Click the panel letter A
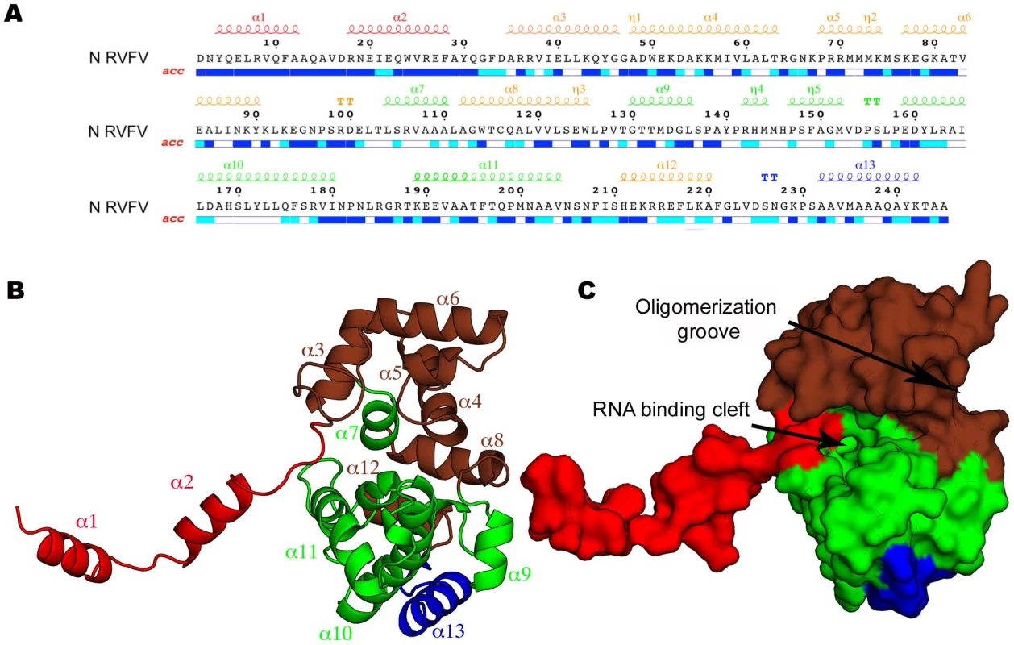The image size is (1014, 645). tap(13, 14)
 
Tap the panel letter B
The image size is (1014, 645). tap(15, 290)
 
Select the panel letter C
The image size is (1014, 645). tap(587, 290)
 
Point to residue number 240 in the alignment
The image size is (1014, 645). tap(887, 191)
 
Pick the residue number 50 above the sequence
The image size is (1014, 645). tap(647, 43)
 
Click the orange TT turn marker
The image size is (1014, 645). tap(345, 102)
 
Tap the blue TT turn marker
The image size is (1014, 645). tap(769, 177)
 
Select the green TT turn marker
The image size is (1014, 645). tap(872, 102)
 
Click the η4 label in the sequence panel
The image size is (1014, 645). tap(756, 89)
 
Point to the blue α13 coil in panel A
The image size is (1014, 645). tap(868, 177)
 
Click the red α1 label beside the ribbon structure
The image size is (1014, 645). tap(86, 522)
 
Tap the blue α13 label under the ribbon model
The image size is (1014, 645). tap(448, 631)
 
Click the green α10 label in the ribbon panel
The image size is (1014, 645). tap(335, 633)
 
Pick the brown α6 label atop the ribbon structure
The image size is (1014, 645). tap(447, 298)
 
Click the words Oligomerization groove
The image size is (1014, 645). tap(706, 319)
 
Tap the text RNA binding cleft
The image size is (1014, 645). tap(671, 410)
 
